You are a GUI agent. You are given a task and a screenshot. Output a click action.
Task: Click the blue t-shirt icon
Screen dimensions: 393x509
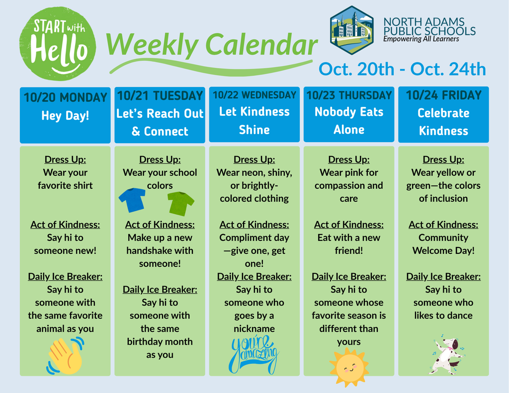tap(132, 200)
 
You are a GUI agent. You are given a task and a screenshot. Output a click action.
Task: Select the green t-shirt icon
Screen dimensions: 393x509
tap(180, 203)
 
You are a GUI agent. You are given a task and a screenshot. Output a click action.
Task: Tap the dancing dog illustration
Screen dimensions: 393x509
tap(446, 356)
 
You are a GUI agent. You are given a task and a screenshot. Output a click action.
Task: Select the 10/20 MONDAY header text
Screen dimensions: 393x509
tap(65, 97)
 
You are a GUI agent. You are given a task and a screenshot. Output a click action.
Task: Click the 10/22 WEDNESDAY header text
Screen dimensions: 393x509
tap(254, 95)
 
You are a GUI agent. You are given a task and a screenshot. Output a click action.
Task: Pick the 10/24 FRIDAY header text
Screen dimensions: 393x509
tap(443, 95)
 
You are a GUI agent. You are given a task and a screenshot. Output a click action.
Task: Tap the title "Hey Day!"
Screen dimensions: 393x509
tap(65, 116)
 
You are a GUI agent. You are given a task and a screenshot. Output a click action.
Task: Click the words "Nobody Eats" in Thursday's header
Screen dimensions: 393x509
tap(349, 112)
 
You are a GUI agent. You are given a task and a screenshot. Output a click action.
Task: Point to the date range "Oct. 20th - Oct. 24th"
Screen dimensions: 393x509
tap(402, 69)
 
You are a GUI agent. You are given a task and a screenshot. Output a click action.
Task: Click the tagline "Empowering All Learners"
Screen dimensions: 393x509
tap(421, 39)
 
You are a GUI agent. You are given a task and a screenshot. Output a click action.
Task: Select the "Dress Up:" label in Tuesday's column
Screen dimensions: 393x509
tap(160, 159)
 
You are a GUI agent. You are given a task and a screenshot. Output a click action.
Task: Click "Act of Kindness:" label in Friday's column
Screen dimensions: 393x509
tap(443, 225)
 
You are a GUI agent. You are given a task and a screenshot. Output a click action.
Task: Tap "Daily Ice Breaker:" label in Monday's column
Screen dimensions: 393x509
tap(65, 276)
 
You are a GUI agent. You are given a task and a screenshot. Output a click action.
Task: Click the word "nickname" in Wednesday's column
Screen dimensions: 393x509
tap(254, 328)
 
